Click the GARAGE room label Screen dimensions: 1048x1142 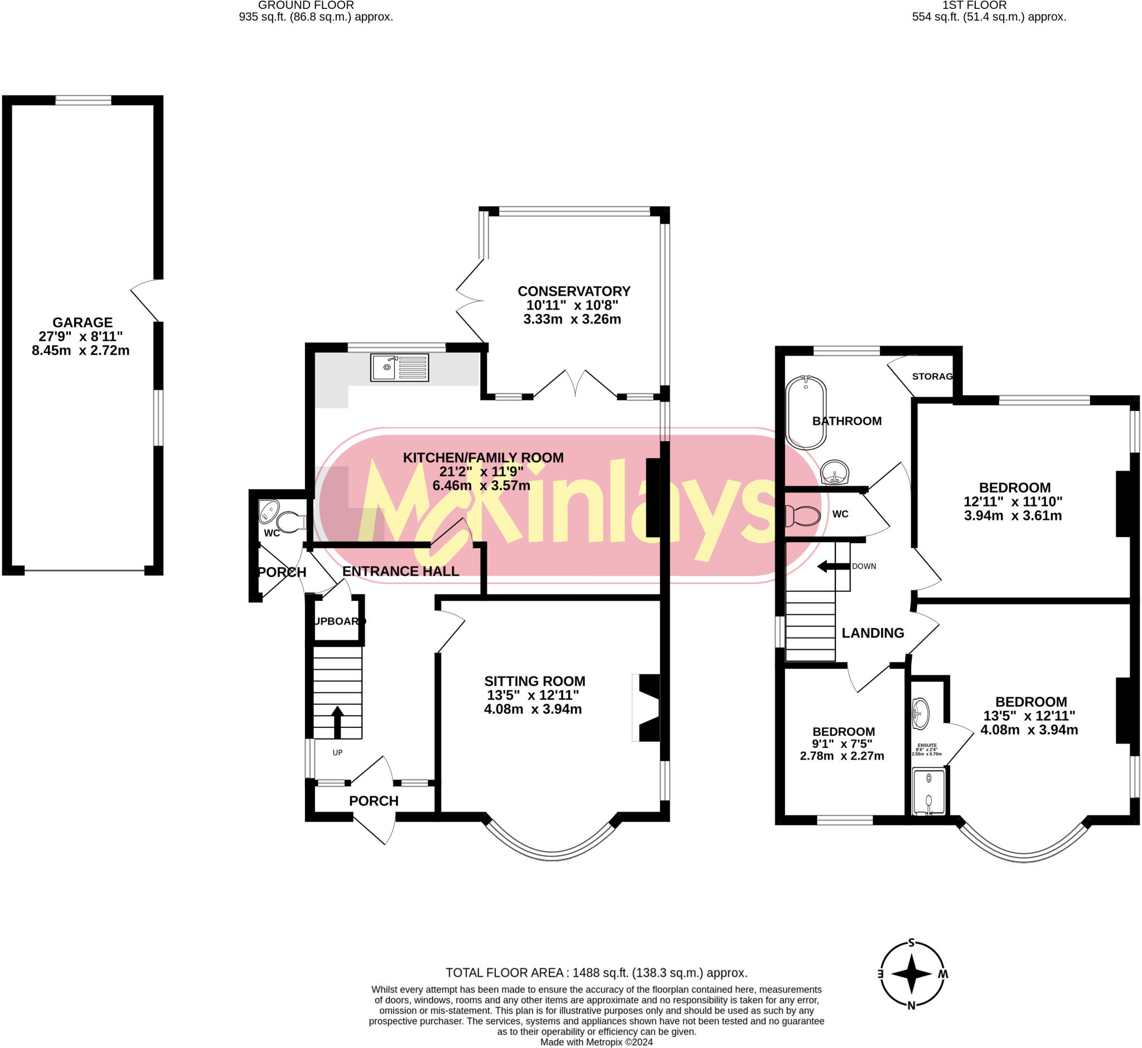coord(82,323)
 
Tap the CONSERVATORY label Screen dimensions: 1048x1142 coord(574,292)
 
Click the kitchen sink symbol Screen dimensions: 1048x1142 coord(400,368)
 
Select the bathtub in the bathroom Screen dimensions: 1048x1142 coord(806,412)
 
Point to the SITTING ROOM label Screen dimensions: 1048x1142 coord(534,681)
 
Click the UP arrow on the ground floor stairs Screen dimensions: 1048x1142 coord(337,721)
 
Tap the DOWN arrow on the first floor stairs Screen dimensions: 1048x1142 coord(831,566)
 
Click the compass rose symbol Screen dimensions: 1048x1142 coord(912,974)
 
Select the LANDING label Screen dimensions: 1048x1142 coord(873,633)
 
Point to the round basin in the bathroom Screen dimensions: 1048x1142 coord(835,472)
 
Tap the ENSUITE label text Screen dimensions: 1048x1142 coord(927,745)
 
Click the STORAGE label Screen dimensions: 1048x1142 coord(932,376)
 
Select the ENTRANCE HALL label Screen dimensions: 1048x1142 coord(400,571)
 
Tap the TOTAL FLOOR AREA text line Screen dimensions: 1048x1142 coord(597,973)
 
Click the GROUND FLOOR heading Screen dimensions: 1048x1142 coord(306,6)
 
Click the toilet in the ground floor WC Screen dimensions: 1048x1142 coord(291,522)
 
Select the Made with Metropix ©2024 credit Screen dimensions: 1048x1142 coord(597,1042)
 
